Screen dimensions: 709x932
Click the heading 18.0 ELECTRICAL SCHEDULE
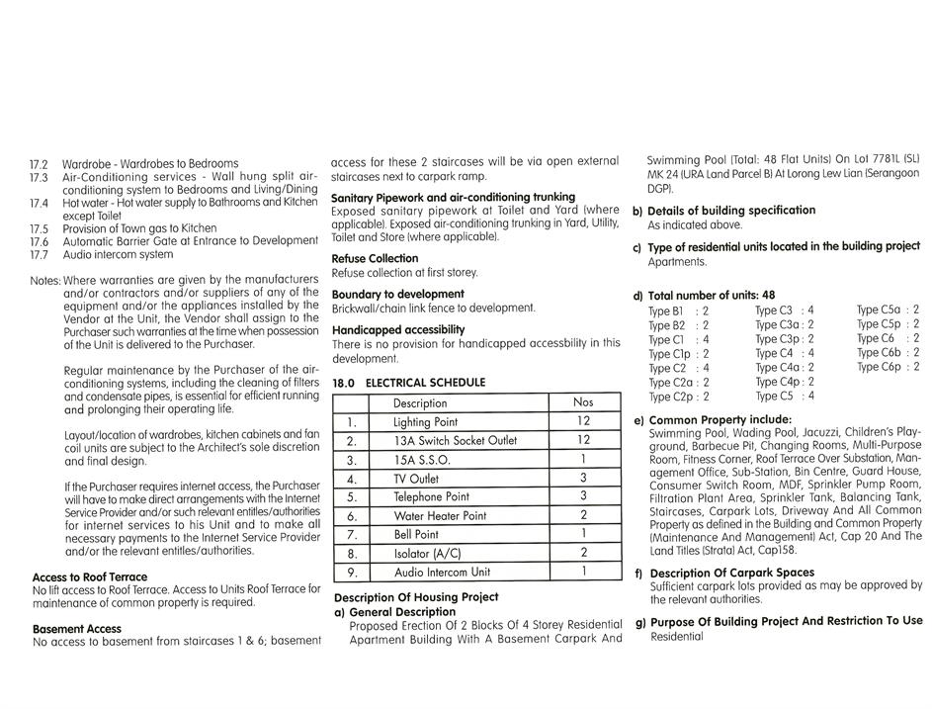[x=409, y=383]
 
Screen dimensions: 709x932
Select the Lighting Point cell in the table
[x=425, y=422]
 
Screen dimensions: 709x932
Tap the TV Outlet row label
[x=415, y=479]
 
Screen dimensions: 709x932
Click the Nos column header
[x=583, y=402]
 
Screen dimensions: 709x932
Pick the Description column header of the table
[x=420, y=403]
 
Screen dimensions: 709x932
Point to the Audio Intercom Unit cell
[x=442, y=572]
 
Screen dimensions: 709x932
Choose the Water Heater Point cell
[x=440, y=516]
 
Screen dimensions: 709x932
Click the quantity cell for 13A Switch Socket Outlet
[x=583, y=440]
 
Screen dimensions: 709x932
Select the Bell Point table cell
[x=416, y=535]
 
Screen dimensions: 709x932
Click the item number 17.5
[x=40, y=228]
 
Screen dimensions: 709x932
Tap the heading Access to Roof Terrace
[x=90, y=577]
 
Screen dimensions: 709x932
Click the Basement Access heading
[x=77, y=629]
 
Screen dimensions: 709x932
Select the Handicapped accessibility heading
[x=398, y=330]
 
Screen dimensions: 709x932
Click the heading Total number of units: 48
[x=712, y=296]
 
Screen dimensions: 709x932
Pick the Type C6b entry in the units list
[x=879, y=353]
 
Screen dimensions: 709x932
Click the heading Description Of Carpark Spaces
[x=732, y=574]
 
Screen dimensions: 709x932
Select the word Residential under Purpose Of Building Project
[x=677, y=637]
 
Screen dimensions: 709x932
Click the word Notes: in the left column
[x=45, y=281]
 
